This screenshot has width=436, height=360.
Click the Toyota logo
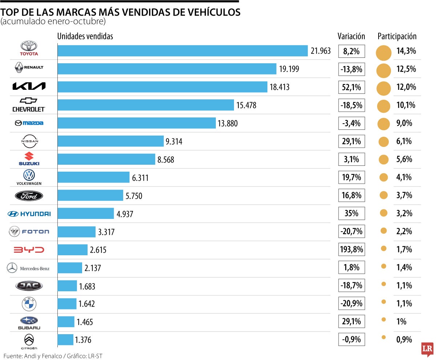[x=29, y=48]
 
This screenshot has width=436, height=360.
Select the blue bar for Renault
[x=167, y=69]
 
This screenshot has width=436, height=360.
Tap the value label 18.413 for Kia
[x=279, y=87]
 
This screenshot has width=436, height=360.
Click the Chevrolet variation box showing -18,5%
[x=351, y=105]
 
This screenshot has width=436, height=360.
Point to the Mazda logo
[x=29, y=123]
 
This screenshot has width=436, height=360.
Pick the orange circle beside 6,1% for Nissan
[x=384, y=141]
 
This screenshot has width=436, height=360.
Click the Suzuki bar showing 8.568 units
[x=106, y=159]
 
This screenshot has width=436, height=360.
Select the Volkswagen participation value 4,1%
[x=404, y=177]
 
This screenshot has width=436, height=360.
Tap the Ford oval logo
[x=29, y=196]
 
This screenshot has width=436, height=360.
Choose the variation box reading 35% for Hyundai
[x=351, y=213]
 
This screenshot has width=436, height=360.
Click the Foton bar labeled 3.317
[x=76, y=232]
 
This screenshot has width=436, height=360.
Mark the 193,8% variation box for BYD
[x=351, y=249]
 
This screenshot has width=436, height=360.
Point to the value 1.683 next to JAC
[x=87, y=286]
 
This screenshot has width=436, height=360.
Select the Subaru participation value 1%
[x=401, y=322]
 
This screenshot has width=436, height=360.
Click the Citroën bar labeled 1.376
[x=65, y=340]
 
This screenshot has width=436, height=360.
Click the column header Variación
[x=351, y=36]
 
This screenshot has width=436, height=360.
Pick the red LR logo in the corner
[x=427, y=349]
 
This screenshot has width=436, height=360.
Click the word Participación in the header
[x=397, y=36]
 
